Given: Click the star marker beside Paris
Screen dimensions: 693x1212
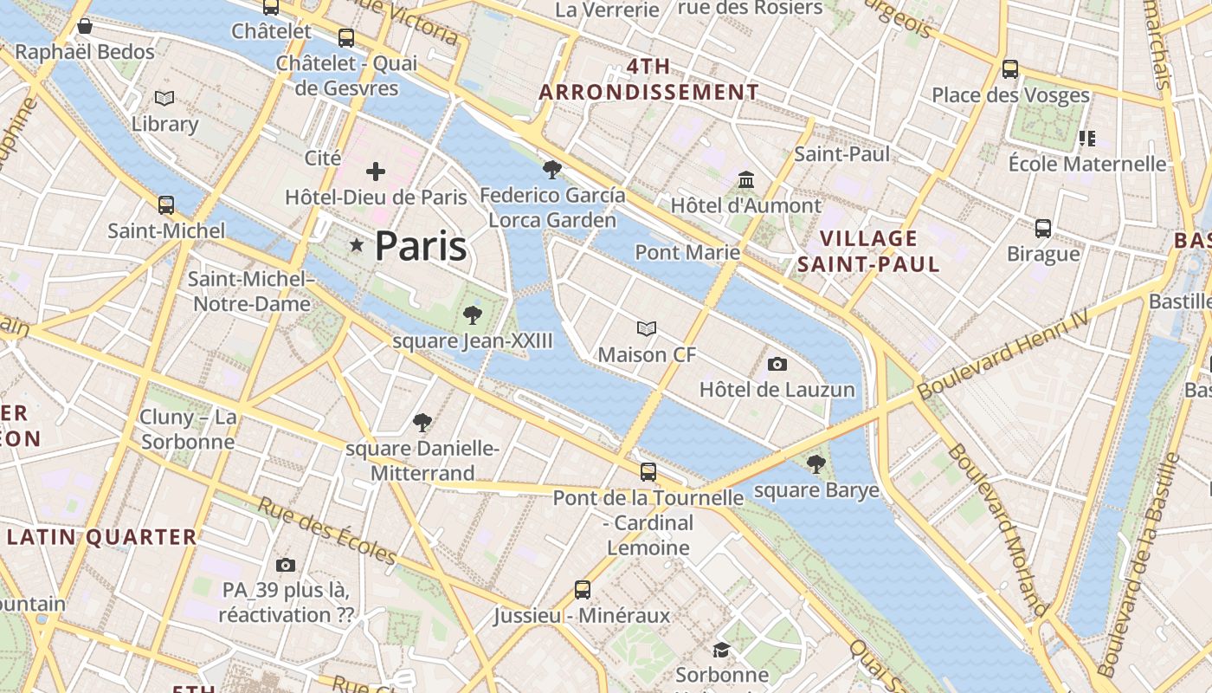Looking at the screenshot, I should coord(356,246).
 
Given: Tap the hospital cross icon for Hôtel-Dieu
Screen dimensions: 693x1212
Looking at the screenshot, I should coord(376,172).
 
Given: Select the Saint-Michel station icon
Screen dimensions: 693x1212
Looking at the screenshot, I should coord(166,205).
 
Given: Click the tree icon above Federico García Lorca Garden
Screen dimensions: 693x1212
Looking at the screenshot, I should coord(551,169).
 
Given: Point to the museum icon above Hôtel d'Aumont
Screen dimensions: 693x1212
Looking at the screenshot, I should coord(746,180).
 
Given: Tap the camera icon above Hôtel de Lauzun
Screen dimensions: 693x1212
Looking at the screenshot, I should coord(777,364).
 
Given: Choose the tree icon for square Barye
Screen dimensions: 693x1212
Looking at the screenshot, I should coord(816,464).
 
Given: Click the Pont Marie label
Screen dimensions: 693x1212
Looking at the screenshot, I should coord(687,252).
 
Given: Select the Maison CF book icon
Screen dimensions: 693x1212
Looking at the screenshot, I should coord(647,328).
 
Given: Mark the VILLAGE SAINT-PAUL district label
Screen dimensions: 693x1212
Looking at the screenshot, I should coord(868,251).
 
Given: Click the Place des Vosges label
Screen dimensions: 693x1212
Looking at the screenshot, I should coord(1010,95).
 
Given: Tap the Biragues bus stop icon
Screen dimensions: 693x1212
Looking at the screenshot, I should coord(1043,229).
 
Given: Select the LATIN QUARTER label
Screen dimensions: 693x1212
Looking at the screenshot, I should coord(102,537).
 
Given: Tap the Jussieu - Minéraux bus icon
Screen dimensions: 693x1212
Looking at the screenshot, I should coord(583,590).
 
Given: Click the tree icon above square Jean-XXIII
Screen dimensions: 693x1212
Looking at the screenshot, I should coord(472,315).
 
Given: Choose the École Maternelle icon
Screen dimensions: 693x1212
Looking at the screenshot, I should coord(1087,138).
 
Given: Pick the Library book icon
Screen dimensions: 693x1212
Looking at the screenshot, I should coord(164,98).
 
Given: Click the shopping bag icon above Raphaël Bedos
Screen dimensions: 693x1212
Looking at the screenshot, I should coord(85,26).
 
